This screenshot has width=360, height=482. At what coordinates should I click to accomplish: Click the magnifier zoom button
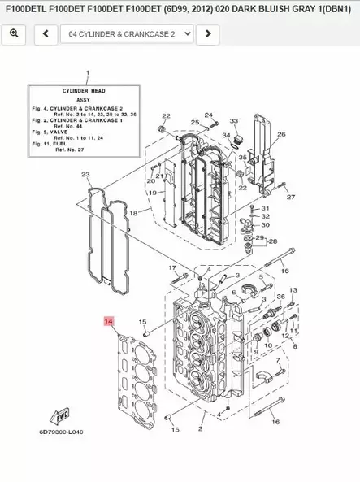[x=15, y=34]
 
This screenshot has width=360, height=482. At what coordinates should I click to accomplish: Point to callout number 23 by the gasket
[x=85, y=175]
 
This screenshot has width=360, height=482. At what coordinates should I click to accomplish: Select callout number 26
[x=282, y=135]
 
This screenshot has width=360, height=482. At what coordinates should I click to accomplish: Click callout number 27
[x=291, y=197]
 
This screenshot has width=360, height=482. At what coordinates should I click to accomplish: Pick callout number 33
[x=232, y=121]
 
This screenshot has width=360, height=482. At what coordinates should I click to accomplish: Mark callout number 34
[x=227, y=136]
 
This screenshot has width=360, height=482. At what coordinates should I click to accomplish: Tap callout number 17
[x=172, y=267]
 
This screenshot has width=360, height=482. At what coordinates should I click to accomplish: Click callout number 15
[x=142, y=323]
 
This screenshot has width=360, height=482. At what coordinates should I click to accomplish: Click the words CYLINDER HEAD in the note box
[x=80, y=91]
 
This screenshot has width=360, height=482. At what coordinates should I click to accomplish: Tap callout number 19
[x=152, y=193]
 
